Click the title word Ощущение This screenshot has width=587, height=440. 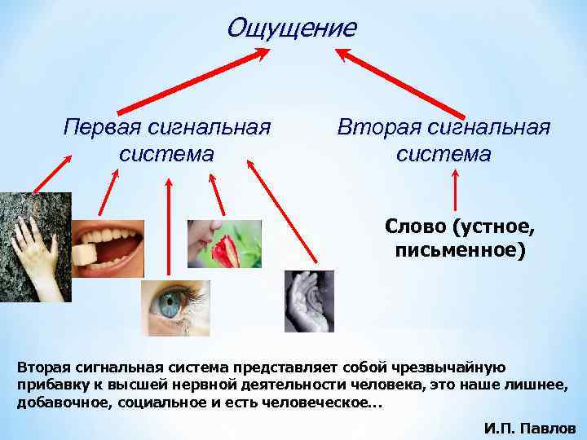[291, 28]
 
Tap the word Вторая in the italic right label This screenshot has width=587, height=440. [377, 128]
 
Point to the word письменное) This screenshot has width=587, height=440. [461, 249]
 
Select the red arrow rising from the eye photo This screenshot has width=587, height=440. [169, 228]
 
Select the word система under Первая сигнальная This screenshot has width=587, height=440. [166, 153]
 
